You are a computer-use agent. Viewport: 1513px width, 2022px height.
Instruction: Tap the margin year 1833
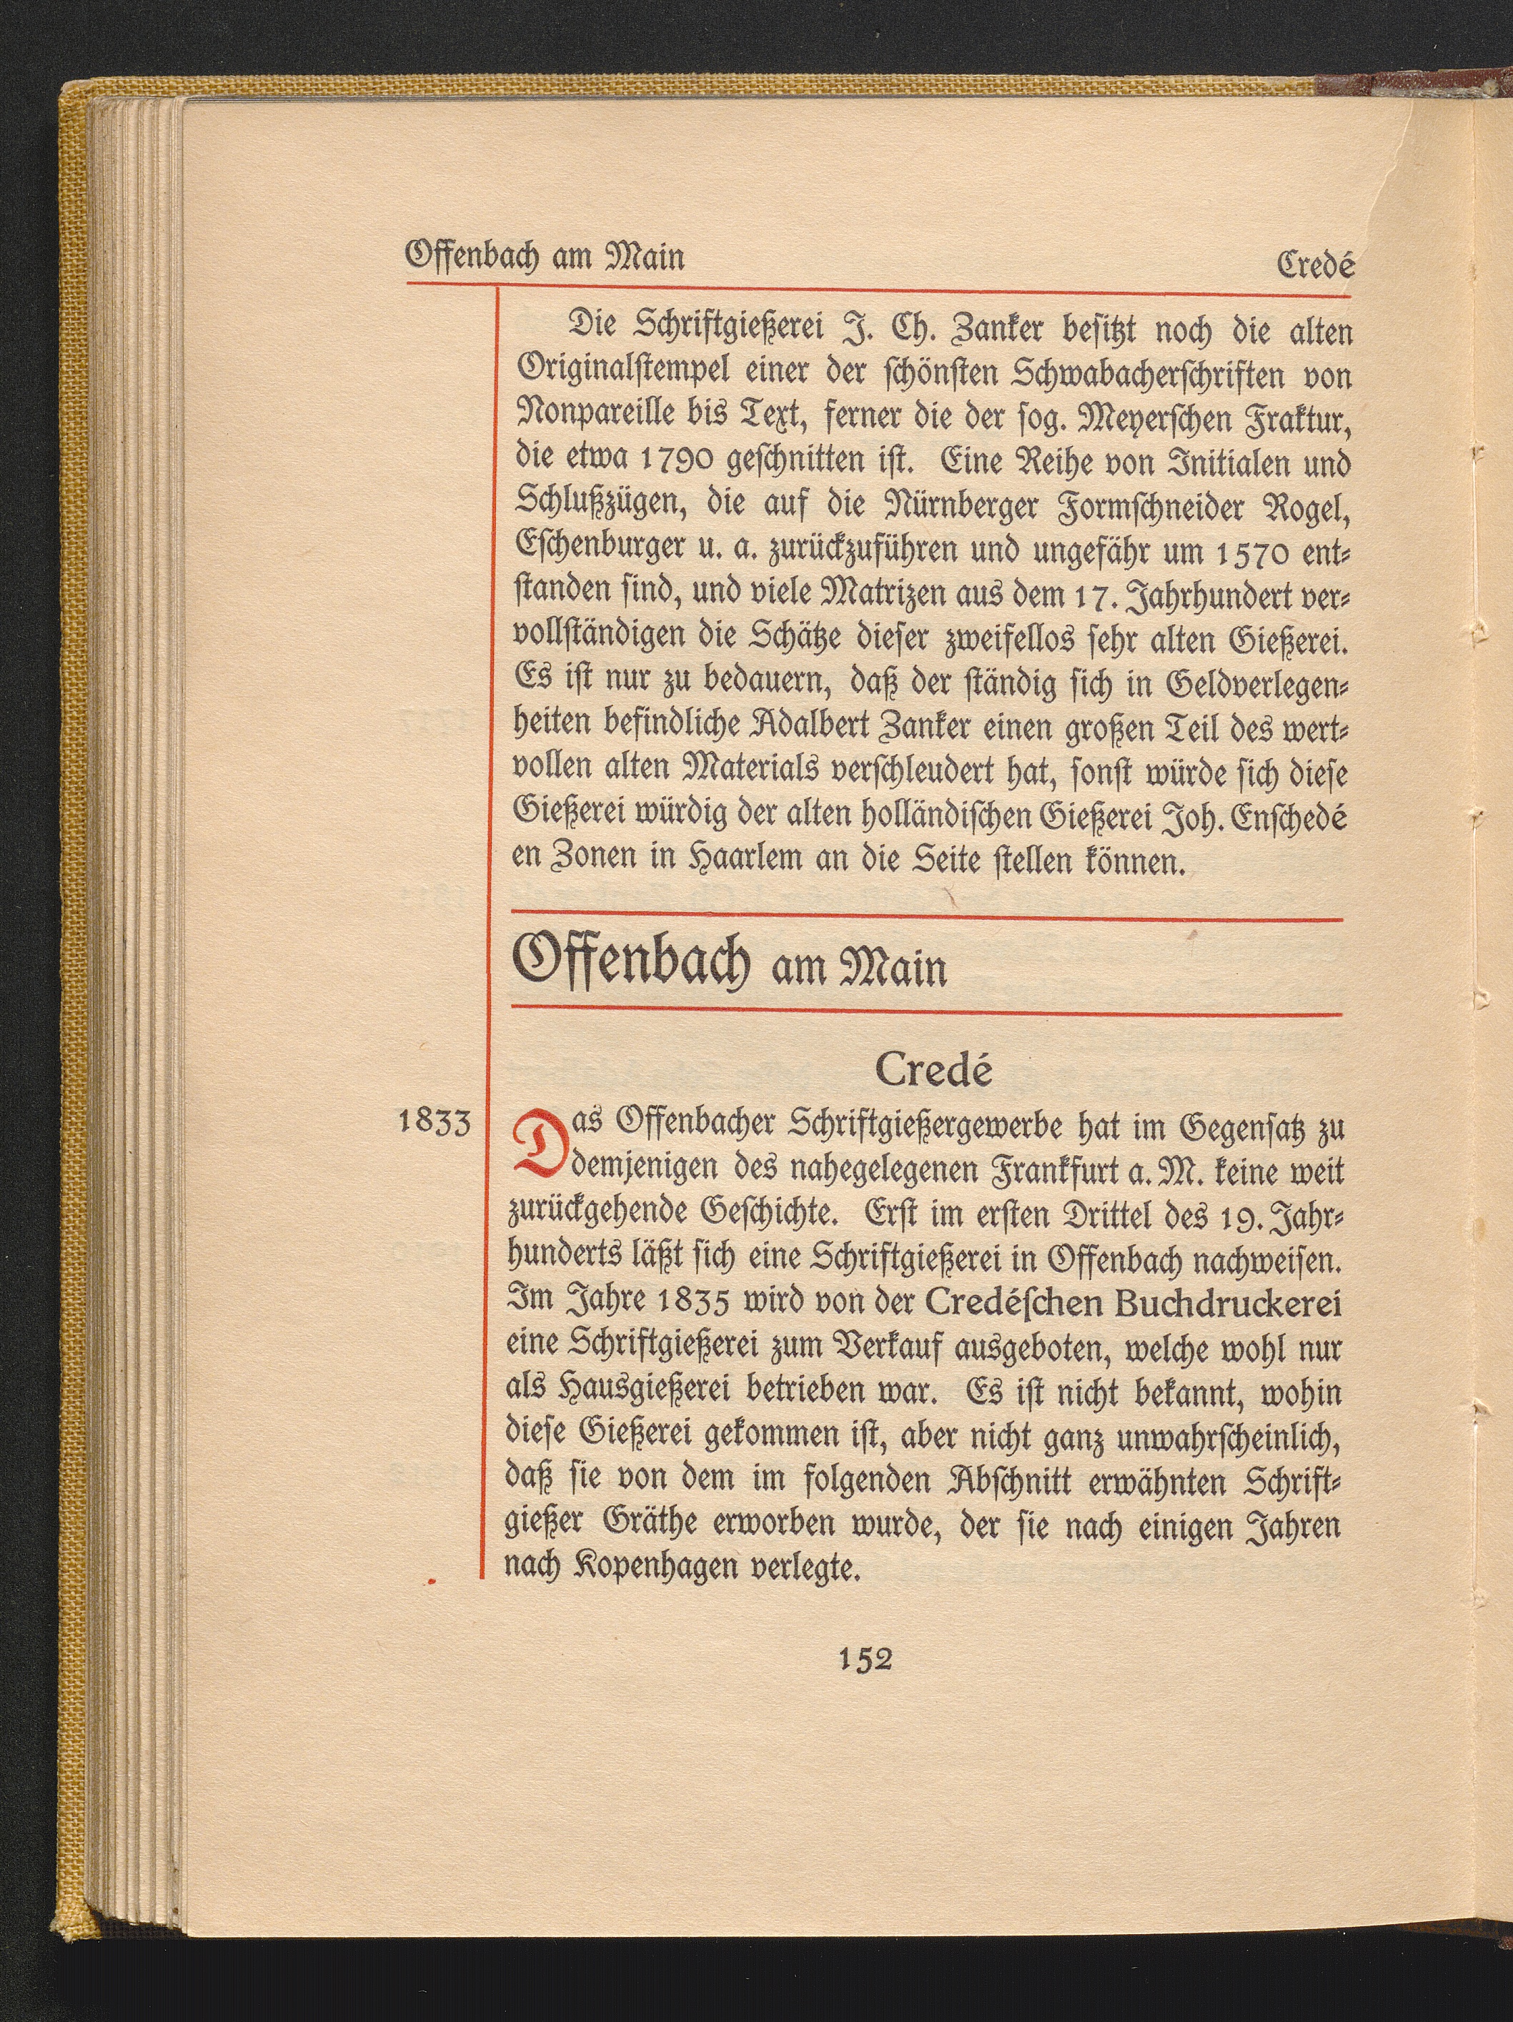pos(435,1121)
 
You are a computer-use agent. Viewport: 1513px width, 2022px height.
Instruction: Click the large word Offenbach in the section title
pos(633,961)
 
